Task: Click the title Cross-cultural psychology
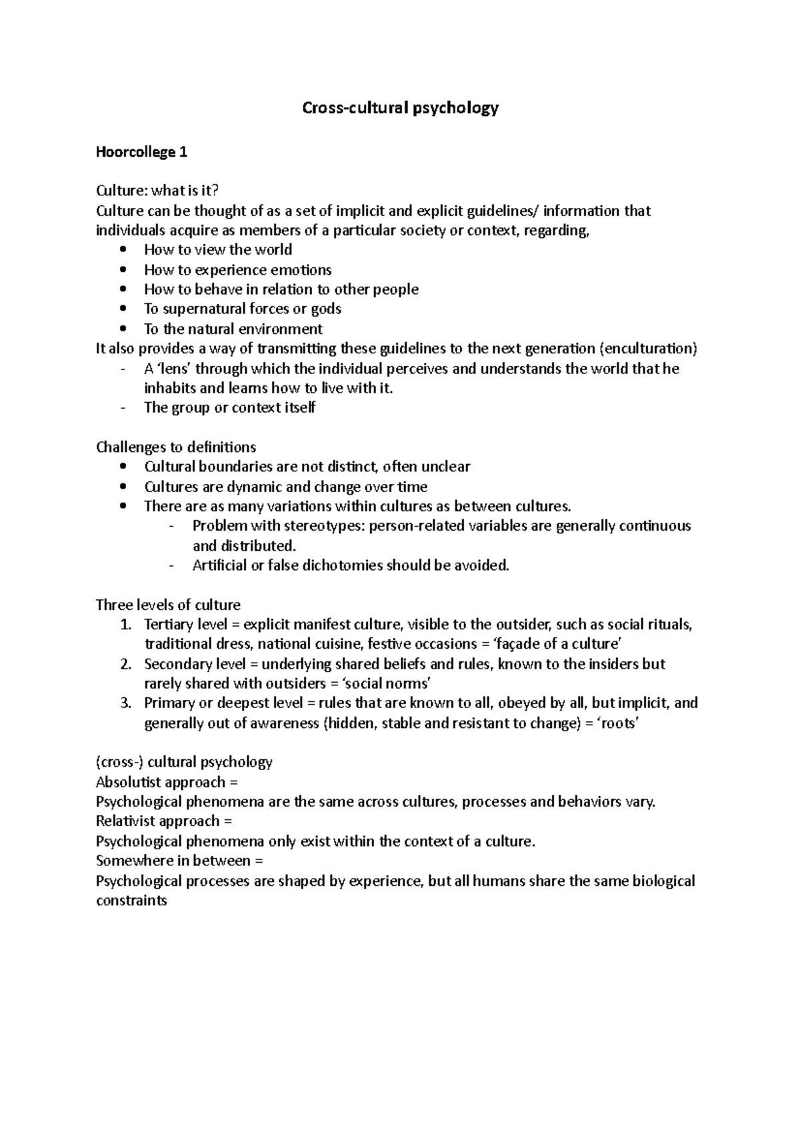(x=400, y=108)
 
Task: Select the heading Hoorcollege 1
(x=141, y=152)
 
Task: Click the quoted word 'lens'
(x=174, y=369)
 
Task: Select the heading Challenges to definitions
(x=176, y=447)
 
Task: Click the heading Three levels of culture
(x=168, y=605)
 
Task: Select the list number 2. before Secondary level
(x=126, y=664)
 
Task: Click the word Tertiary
(x=167, y=625)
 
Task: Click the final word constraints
(x=131, y=901)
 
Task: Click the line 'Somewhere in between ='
(x=179, y=861)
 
